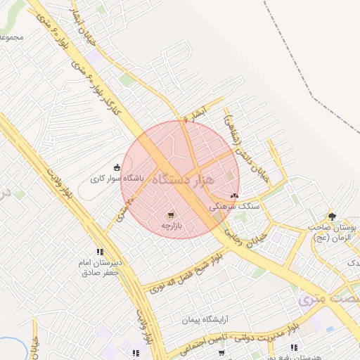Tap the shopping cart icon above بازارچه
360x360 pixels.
coord(171,214)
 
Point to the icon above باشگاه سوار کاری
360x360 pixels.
coord(116,167)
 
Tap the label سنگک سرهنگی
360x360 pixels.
coord(234,207)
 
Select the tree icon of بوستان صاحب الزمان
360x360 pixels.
coord(332,217)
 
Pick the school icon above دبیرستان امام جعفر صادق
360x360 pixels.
coord(100,252)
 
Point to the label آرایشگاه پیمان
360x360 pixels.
coord(206,321)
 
